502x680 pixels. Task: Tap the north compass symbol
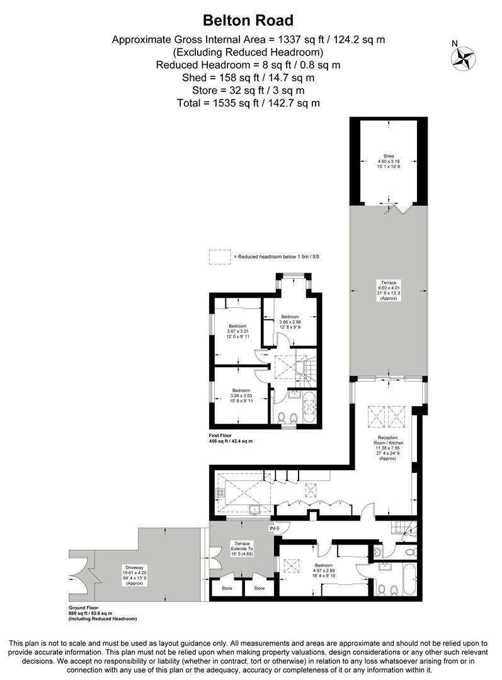click(x=462, y=57)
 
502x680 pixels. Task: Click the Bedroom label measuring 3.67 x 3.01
click(x=238, y=331)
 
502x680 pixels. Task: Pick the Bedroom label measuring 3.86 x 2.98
click(x=290, y=321)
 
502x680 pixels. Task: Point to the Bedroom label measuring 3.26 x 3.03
click(x=240, y=395)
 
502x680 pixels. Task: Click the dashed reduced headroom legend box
click(x=220, y=257)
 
